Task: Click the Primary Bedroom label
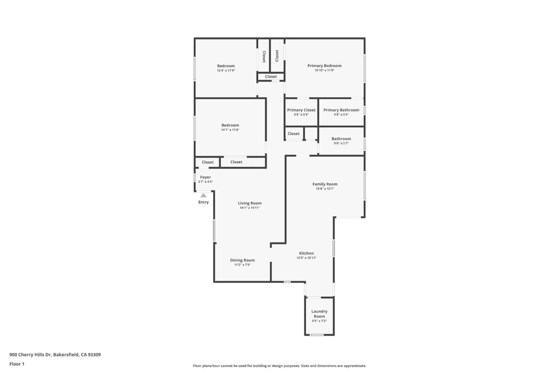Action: tap(324, 66)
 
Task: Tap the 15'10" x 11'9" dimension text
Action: tap(324, 70)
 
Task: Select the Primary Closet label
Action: tap(301, 110)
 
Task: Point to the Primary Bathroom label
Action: tap(341, 110)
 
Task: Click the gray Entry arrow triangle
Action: tap(203, 195)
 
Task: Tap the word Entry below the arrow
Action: tap(203, 202)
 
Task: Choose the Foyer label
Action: tap(205, 177)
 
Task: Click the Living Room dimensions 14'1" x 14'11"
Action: tap(250, 208)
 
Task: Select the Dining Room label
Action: tap(242, 260)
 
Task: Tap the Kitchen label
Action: tap(306, 253)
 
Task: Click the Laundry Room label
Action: tap(319, 314)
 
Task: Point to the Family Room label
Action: tap(325, 184)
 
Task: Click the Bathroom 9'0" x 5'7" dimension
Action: tap(341, 143)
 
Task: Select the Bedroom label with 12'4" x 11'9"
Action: tap(226, 66)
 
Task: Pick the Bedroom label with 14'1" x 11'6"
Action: tap(230, 125)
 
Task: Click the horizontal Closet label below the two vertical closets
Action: tap(271, 76)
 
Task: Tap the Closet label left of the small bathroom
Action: tap(293, 134)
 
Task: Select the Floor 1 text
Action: tap(17, 364)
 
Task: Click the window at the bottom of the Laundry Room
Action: tap(317, 335)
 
